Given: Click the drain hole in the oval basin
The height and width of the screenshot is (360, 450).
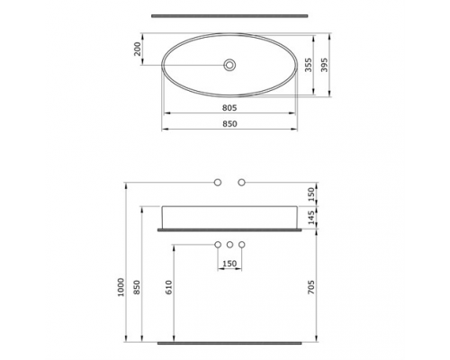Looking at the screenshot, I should point(230,65).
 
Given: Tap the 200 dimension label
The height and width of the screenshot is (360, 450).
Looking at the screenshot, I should point(138,49).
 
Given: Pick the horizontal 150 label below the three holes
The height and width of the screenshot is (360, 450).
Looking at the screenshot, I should point(229,264).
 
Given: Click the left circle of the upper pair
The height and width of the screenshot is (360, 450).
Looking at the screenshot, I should point(218,183).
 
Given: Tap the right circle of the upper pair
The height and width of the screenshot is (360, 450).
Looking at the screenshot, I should point(242,183).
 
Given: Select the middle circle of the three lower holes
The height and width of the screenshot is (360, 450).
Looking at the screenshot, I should point(230,245).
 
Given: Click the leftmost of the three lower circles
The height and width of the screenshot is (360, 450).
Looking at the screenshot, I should point(218,245).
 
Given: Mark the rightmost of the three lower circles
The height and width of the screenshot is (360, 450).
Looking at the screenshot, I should point(242,245).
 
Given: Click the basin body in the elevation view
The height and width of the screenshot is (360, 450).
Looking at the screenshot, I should point(229,217).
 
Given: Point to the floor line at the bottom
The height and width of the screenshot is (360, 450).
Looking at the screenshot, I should point(229,343).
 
